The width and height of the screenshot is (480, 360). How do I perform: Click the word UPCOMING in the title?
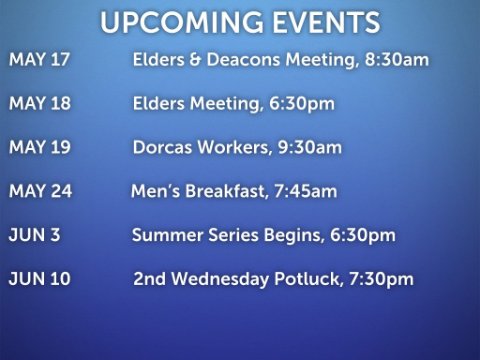tap(182, 22)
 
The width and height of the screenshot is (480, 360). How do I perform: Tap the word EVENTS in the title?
tap(326, 22)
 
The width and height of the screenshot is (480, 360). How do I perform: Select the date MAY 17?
tap(39, 60)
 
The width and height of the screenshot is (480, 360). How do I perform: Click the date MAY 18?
tap(40, 103)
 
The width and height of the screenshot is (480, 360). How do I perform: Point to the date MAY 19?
tap(40, 147)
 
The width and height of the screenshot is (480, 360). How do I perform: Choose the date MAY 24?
tap(41, 191)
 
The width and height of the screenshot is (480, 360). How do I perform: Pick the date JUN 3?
tap(34, 235)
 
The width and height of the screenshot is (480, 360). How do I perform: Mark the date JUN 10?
tap(39, 279)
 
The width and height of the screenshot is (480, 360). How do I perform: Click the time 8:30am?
tap(397, 60)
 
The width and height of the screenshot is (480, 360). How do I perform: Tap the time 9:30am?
tap(310, 147)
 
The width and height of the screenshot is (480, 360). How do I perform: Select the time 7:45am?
tap(305, 191)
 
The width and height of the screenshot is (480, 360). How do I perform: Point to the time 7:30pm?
tap(381, 279)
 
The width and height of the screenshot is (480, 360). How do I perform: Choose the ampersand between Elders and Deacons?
tap(195, 60)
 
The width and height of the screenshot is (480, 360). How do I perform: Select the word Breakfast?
tap(227, 191)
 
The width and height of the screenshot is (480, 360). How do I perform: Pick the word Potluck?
tap(309, 279)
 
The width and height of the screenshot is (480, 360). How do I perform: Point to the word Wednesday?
tap(220, 279)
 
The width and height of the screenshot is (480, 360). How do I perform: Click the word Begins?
tap(294, 236)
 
